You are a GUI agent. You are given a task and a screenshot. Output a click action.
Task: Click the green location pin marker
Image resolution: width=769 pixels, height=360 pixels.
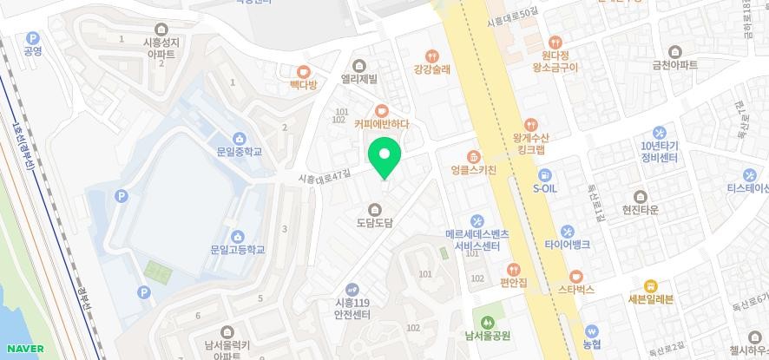point(384,156)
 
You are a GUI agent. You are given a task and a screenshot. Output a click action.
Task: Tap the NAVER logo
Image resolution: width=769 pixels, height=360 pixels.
point(24,349)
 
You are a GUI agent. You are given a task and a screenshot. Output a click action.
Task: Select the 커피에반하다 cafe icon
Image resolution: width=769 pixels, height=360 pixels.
point(381,110)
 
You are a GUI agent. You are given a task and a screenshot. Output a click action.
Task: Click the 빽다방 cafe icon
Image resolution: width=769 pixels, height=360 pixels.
point(304,72)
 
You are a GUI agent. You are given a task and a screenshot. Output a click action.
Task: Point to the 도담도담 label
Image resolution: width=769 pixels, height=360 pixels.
point(375,223)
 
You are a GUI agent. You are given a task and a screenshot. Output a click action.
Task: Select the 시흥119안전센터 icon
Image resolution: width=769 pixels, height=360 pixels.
point(352,290)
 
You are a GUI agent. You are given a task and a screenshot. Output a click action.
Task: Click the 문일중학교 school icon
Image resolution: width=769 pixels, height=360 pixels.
point(239,138)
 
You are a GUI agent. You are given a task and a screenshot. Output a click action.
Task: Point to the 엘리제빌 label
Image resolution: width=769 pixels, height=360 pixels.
point(359,79)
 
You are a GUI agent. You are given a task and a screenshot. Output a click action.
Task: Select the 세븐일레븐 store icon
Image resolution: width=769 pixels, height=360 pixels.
point(649,286)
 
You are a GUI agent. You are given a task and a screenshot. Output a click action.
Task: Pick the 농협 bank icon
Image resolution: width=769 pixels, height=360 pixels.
point(592,331)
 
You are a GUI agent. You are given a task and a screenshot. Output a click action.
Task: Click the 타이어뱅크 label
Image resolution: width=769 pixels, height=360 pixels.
point(568,245)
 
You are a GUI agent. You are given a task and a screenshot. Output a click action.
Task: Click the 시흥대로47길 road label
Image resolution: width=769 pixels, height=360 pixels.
point(324,174)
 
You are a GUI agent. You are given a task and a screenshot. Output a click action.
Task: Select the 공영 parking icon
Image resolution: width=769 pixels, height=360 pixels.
point(33,38)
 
